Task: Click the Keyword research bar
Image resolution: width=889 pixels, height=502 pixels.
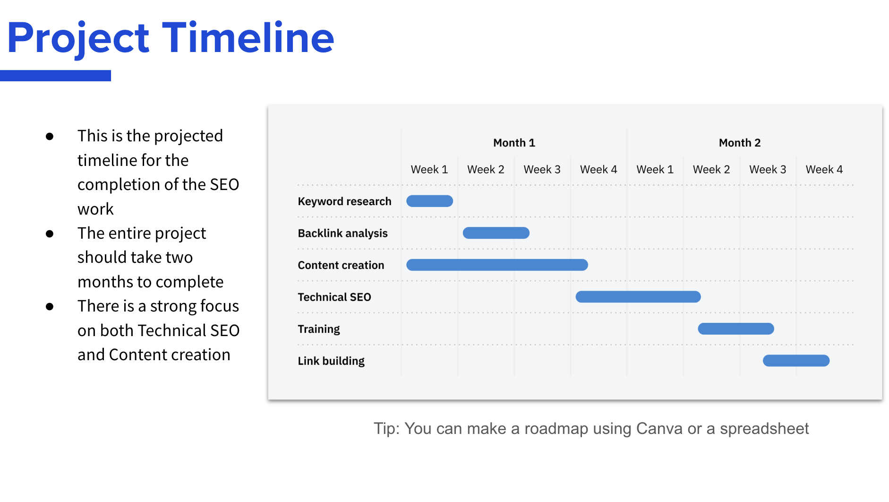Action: [x=429, y=201]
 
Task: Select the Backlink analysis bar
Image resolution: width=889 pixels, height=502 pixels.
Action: [x=496, y=233]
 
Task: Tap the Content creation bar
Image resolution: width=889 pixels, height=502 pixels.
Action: [x=497, y=265]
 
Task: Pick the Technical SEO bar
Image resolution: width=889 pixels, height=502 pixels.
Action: [x=638, y=297]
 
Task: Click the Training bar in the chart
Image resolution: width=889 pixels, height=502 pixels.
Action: [x=735, y=329]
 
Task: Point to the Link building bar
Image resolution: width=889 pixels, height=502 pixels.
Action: [x=796, y=361]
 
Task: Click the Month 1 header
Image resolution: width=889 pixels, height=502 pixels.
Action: [x=514, y=143]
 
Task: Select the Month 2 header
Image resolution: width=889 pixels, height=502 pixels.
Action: [x=740, y=143]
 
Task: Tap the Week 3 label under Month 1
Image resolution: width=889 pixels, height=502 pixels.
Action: [x=542, y=169]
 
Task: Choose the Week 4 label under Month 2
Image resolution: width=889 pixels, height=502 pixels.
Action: [x=824, y=169]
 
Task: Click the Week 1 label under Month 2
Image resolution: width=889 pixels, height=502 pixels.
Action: [x=655, y=169]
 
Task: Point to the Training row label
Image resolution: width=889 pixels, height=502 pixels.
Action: [x=319, y=329]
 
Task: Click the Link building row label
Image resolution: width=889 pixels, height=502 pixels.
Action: [x=331, y=361]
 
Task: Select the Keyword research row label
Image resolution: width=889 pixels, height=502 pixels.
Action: [x=344, y=201]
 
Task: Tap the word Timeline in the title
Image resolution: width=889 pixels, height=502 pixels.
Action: [x=248, y=38]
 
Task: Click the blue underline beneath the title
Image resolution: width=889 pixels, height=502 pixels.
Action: [x=55, y=76]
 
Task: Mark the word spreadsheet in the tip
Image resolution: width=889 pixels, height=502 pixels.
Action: [x=764, y=428]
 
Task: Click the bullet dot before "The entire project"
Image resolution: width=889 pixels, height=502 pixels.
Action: [x=50, y=234]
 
